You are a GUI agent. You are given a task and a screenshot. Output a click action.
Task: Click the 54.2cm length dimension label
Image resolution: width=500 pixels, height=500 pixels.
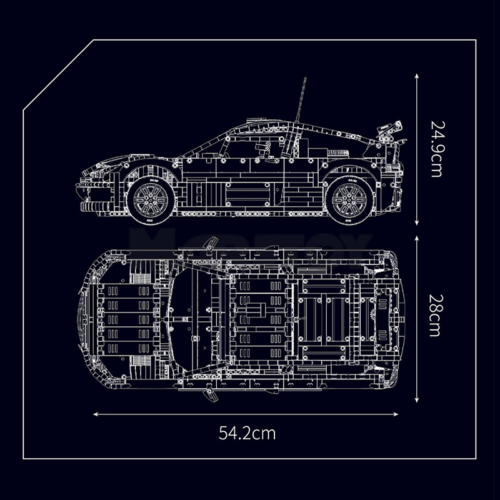click(x=247, y=433)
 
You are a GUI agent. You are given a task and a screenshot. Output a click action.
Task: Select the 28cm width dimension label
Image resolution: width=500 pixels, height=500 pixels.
click(x=436, y=316)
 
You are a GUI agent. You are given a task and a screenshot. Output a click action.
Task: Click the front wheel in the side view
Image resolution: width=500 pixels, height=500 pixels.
click(x=151, y=200)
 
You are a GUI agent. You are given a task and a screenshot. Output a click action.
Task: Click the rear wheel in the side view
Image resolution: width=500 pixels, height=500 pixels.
click(x=350, y=200)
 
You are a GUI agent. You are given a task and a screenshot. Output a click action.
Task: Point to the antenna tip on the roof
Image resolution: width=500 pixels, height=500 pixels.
click(x=305, y=78)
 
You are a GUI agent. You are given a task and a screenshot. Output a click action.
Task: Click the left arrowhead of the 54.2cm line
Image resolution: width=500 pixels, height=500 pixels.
click(x=96, y=414)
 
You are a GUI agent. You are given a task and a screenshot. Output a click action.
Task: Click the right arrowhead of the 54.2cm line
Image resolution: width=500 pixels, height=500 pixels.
click(x=396, y=414)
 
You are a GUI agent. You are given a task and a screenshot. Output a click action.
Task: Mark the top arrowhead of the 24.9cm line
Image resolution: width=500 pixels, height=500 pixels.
click(x=416, y=76)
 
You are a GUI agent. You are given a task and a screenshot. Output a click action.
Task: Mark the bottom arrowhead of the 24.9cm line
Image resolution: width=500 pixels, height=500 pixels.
click(x=416, y=223)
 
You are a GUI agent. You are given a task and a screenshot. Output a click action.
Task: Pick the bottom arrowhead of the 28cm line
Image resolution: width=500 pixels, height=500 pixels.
click(x=416, y=400)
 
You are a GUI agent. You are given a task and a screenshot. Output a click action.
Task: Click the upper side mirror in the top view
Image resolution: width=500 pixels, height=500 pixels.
click(x=211, y=243)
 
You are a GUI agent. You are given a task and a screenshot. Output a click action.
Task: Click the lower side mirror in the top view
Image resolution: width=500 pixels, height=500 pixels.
click(x=211, y=395)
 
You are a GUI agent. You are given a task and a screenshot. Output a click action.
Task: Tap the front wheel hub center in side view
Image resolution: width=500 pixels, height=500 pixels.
click(x=151, y=200)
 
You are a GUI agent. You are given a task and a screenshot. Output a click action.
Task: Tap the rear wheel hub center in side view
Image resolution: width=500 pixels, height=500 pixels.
click(x=350, y=200)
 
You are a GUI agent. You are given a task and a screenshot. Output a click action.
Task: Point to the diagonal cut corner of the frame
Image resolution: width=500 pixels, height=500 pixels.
click(x=58, y=75)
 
